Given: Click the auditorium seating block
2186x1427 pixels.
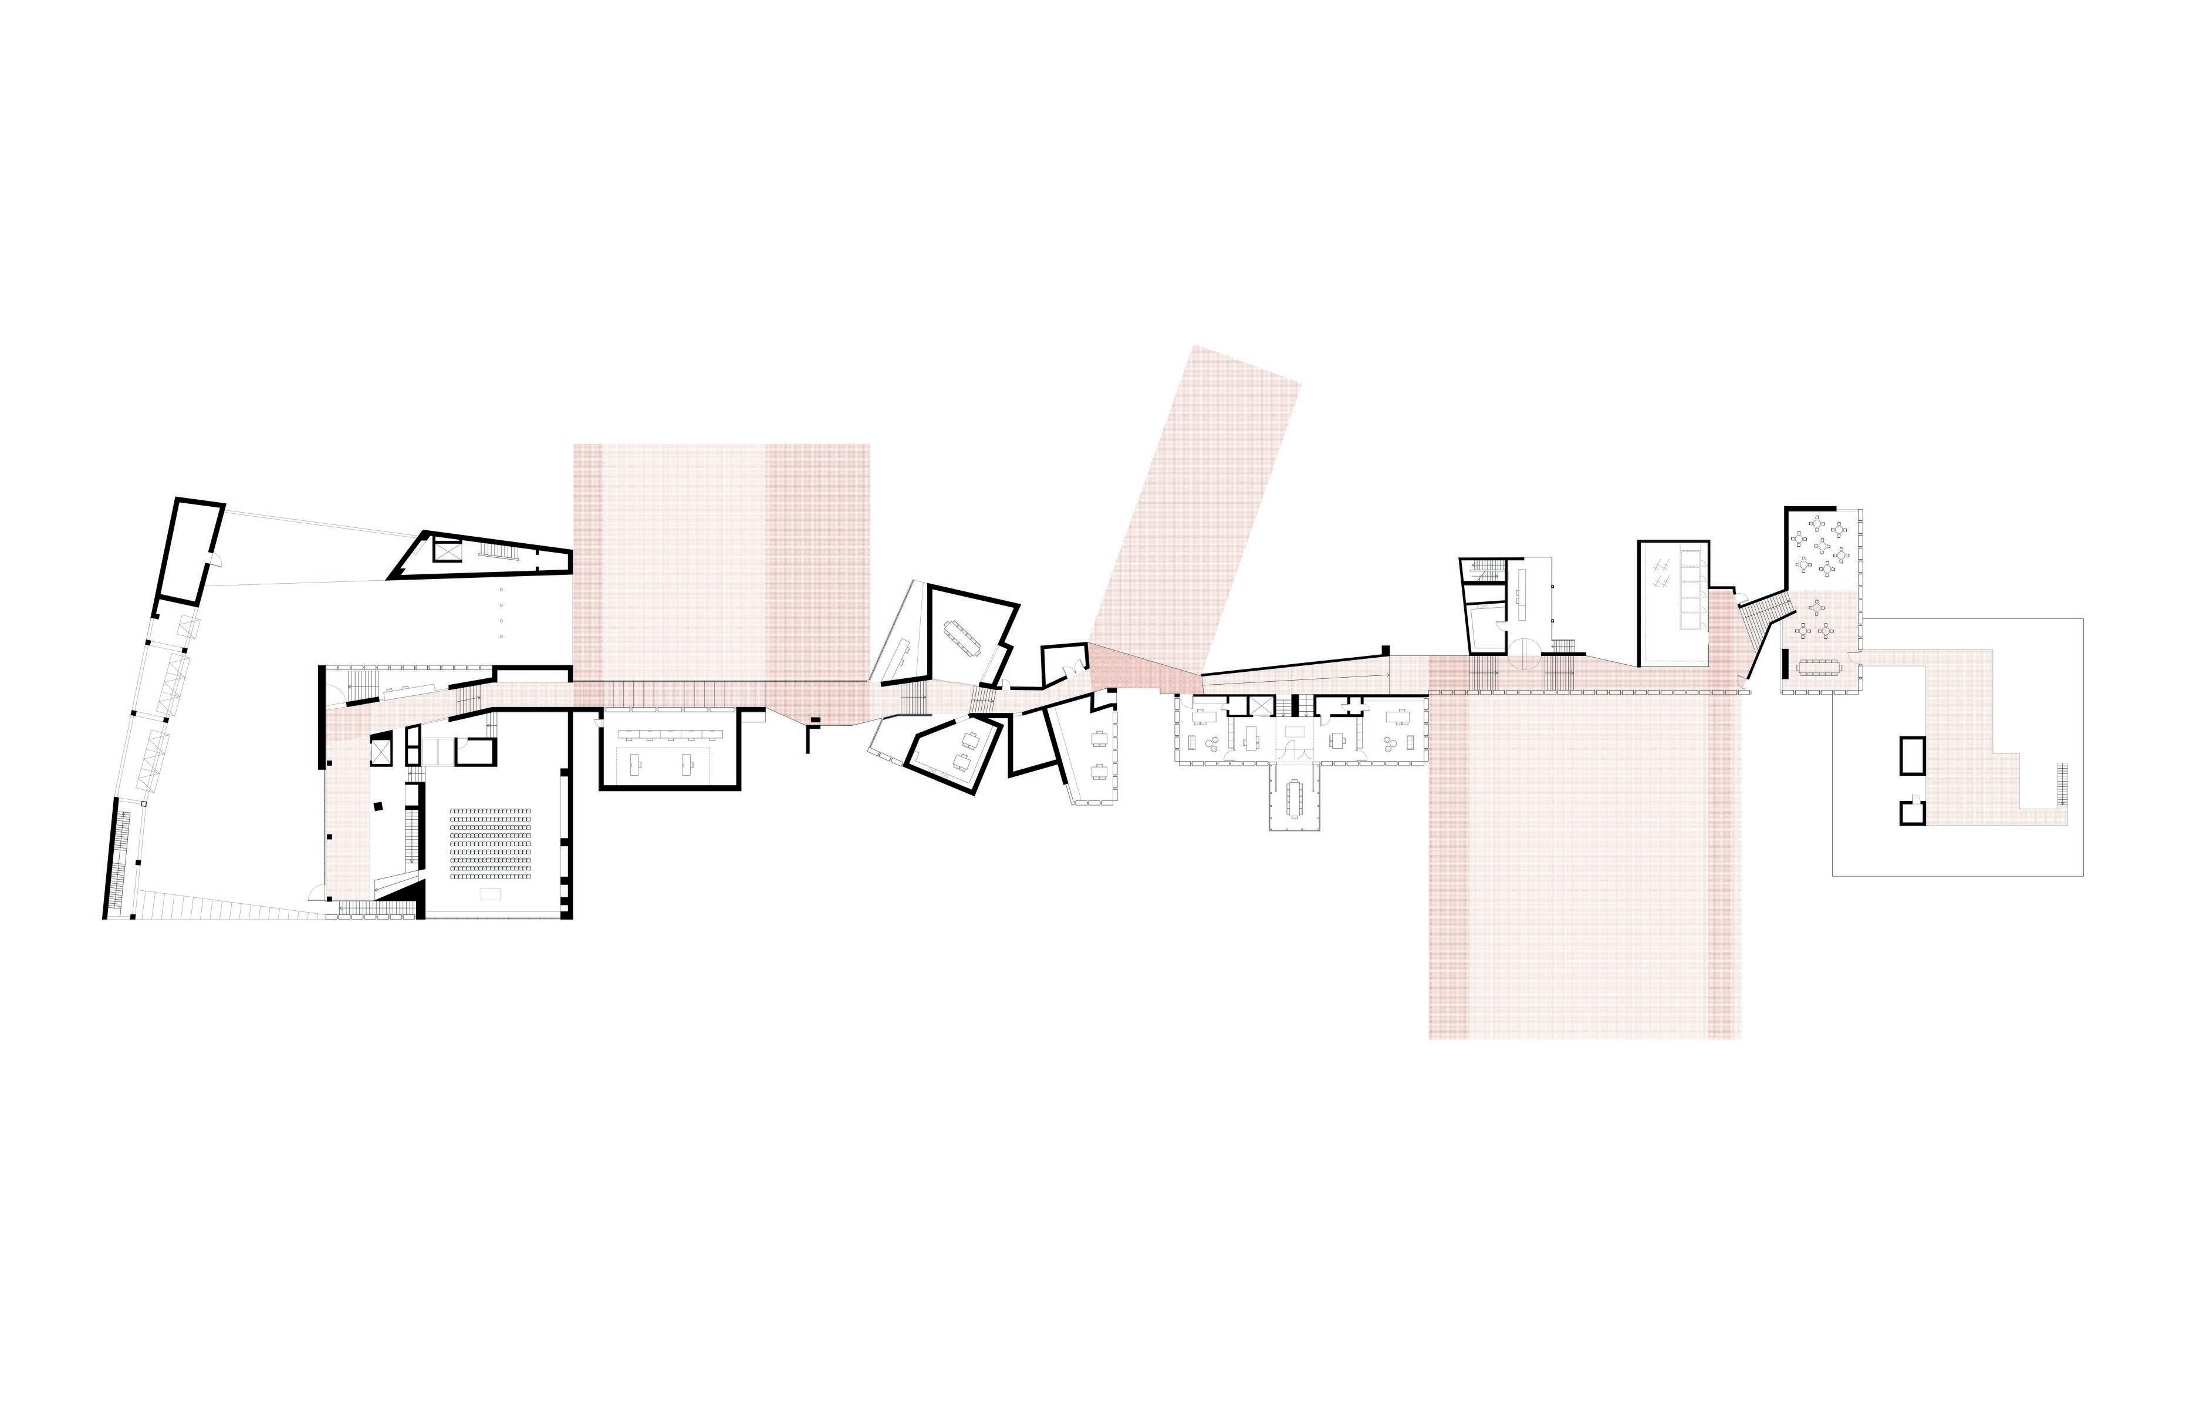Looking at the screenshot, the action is tap(491, 843).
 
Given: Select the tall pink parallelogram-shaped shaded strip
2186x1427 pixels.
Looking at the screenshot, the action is tap(1194, 514).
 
